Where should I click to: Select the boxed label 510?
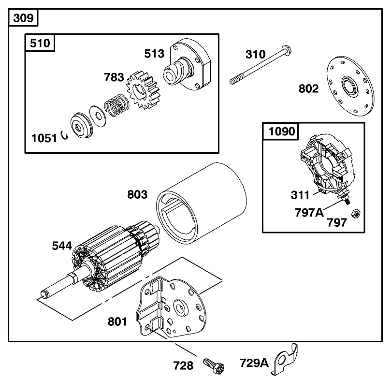click(40, 43)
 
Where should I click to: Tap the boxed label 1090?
click(281, 131)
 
